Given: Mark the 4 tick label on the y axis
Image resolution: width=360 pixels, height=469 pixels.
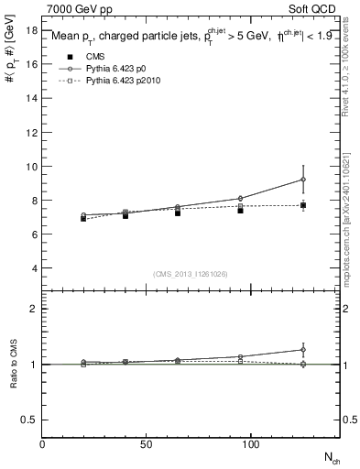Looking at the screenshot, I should click(x=34, y=267).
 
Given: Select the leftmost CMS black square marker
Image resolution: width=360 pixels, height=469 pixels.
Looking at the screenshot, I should click(x=83, y=218).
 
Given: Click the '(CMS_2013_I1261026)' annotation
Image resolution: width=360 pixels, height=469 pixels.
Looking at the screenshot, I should click(x=191, y=274).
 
